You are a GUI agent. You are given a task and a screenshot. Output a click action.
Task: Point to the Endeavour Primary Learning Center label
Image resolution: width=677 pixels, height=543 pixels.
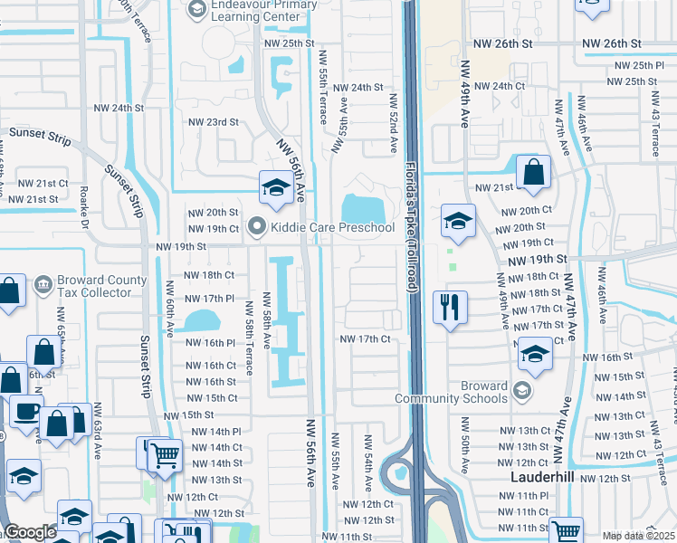pyautogui.click(x=262, y=10)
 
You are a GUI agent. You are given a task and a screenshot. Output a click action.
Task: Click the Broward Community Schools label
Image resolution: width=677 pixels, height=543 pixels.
pyautogui.click(x=452, y=392)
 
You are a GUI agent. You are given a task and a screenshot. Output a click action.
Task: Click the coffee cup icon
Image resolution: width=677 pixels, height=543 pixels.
pyautogui.click(x=25, y=412)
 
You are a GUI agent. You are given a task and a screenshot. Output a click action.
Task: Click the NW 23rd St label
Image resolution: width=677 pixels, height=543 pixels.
pyautogui.click(x=214, y=122)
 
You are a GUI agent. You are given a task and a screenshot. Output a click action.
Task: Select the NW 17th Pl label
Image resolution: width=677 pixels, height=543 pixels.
pyautogui.click(x=210, y=299)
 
